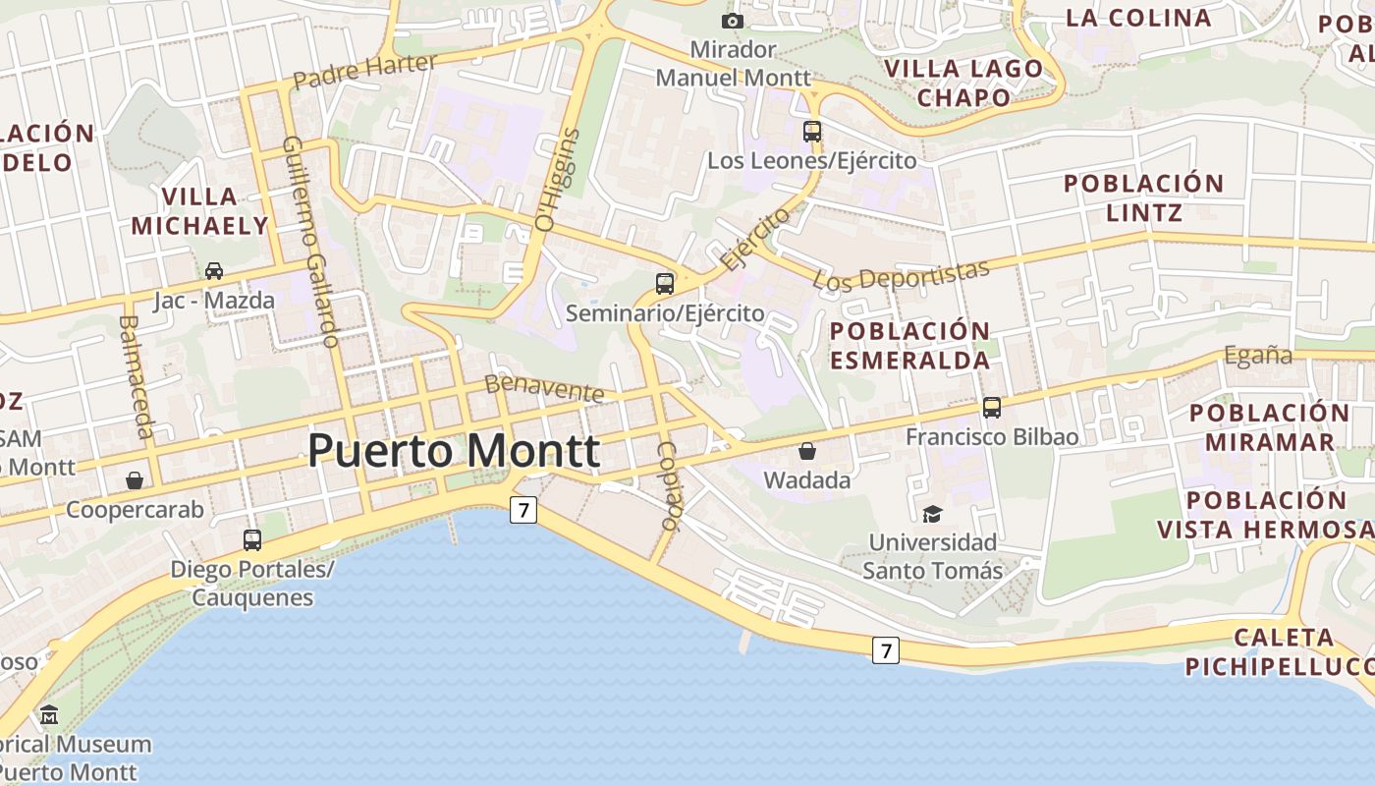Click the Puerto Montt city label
point(454,451)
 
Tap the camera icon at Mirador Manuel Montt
point(732,21)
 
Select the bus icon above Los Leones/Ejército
point(811,131)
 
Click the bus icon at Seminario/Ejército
point(665,284)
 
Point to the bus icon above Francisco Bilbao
point(992,407)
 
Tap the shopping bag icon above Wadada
point(806,451)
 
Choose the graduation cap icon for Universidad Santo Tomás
point(931,513)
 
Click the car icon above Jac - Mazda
point(213,270)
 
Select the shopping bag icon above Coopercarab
point(135,480)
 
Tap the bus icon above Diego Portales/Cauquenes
point(252,539)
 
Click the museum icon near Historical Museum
point(49,714)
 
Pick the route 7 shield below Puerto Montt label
point(523,510)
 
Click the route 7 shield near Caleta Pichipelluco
point(886,649)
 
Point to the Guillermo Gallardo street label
point(310,242)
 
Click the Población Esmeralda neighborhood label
point(909,345)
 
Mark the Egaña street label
point(1257,356)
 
